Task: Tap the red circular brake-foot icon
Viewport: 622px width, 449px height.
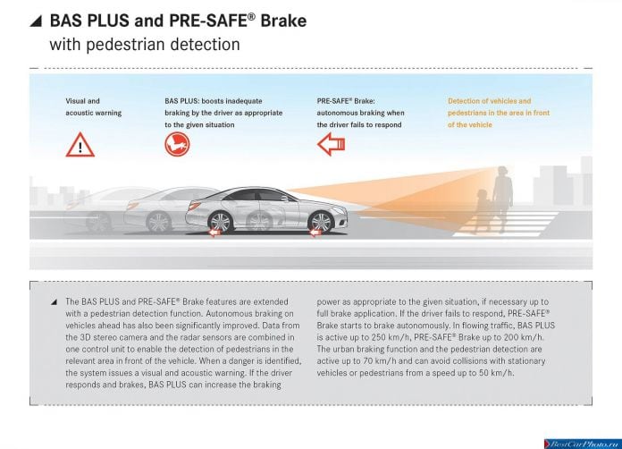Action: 177,144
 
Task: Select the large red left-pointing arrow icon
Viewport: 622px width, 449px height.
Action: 332,144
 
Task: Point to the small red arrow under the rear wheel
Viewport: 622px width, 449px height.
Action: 214,233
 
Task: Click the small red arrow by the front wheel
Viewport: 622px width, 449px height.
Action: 315,233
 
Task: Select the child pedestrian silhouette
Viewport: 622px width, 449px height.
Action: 482,211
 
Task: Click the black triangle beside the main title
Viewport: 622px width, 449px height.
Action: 36,21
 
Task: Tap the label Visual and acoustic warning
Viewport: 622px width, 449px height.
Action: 94,106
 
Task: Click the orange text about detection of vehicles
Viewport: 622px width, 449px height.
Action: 499,113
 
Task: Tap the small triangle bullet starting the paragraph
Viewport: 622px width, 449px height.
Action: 54,302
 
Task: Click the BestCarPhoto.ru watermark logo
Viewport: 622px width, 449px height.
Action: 583,444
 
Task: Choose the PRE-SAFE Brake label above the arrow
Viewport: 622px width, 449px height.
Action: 346,101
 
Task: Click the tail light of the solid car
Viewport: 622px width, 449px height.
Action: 195,206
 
